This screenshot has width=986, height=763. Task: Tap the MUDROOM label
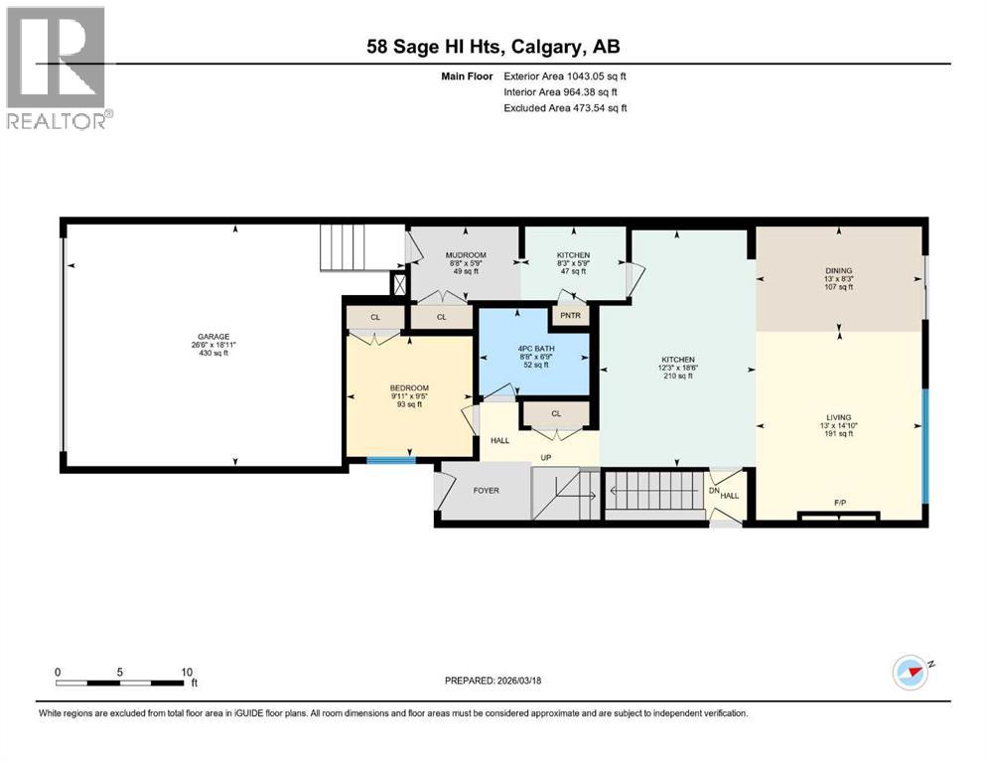(465, 255)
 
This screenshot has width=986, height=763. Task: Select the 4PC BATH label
(533, 349)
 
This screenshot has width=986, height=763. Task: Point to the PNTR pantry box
(571, 315)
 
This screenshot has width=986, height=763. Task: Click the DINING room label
(839, 270)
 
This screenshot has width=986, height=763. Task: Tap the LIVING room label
(839, 417)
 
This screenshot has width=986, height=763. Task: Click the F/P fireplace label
(839, 504)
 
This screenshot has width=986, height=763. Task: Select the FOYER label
(486, 491)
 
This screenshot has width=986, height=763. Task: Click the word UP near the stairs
(545, 458)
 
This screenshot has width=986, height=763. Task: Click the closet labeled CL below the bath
(556, 413)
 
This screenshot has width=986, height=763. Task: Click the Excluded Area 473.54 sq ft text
(565, 107)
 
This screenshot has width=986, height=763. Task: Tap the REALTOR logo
(58, 68)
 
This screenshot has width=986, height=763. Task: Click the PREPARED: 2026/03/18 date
(493, 681)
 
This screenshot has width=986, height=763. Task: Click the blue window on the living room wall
(924, 447)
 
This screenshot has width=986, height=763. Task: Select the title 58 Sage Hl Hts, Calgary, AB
(493, 46)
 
